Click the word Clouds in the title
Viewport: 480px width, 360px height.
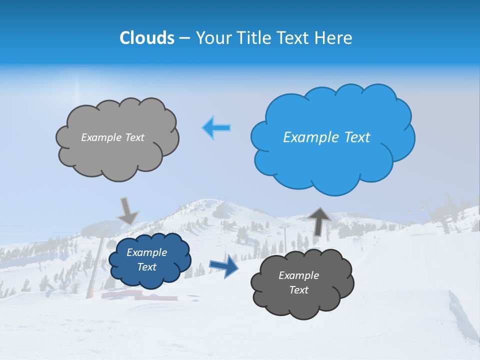(146, 38)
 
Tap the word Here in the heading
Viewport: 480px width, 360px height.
(334, 38)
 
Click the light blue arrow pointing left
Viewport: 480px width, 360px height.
(217, 128)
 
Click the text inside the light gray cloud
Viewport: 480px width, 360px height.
(112, 137)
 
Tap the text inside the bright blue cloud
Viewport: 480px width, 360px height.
(326, 137)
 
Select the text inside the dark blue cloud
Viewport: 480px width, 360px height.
(146, 260)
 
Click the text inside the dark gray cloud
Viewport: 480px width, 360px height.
(298, 282)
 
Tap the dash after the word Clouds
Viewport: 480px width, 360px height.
(183, 38)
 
